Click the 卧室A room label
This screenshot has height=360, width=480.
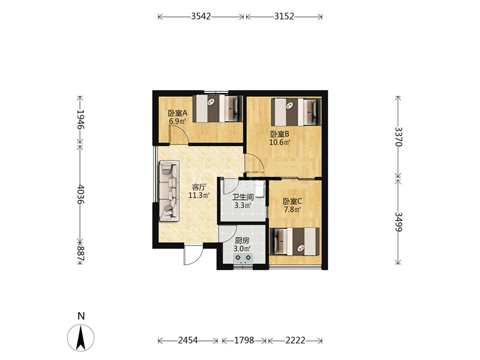(178, 113)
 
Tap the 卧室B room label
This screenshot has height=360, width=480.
(280, 134)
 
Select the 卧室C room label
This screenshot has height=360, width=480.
(292, 202)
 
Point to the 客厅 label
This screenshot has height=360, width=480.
(199, 187)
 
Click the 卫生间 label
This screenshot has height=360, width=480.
(243, 197)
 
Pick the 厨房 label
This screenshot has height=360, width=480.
(242, 241)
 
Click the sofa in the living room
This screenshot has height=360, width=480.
(169, 190)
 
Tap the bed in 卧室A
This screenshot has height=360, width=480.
(218, 109)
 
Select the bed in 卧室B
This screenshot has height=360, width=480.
(296, 112)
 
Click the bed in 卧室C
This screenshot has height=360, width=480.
(294, 241)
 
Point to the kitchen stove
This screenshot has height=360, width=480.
(243, 259)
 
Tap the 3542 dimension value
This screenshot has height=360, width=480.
(201, 16)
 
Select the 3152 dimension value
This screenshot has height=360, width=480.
(284, 16)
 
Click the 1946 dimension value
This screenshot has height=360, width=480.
(80, 119)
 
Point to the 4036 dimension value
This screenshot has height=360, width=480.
(80, 194)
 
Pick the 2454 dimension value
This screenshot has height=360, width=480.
(188, 340)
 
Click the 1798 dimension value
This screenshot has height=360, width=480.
(244, 340)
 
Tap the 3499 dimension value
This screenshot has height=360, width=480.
(398, 221)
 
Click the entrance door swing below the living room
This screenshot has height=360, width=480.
(193, 255)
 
